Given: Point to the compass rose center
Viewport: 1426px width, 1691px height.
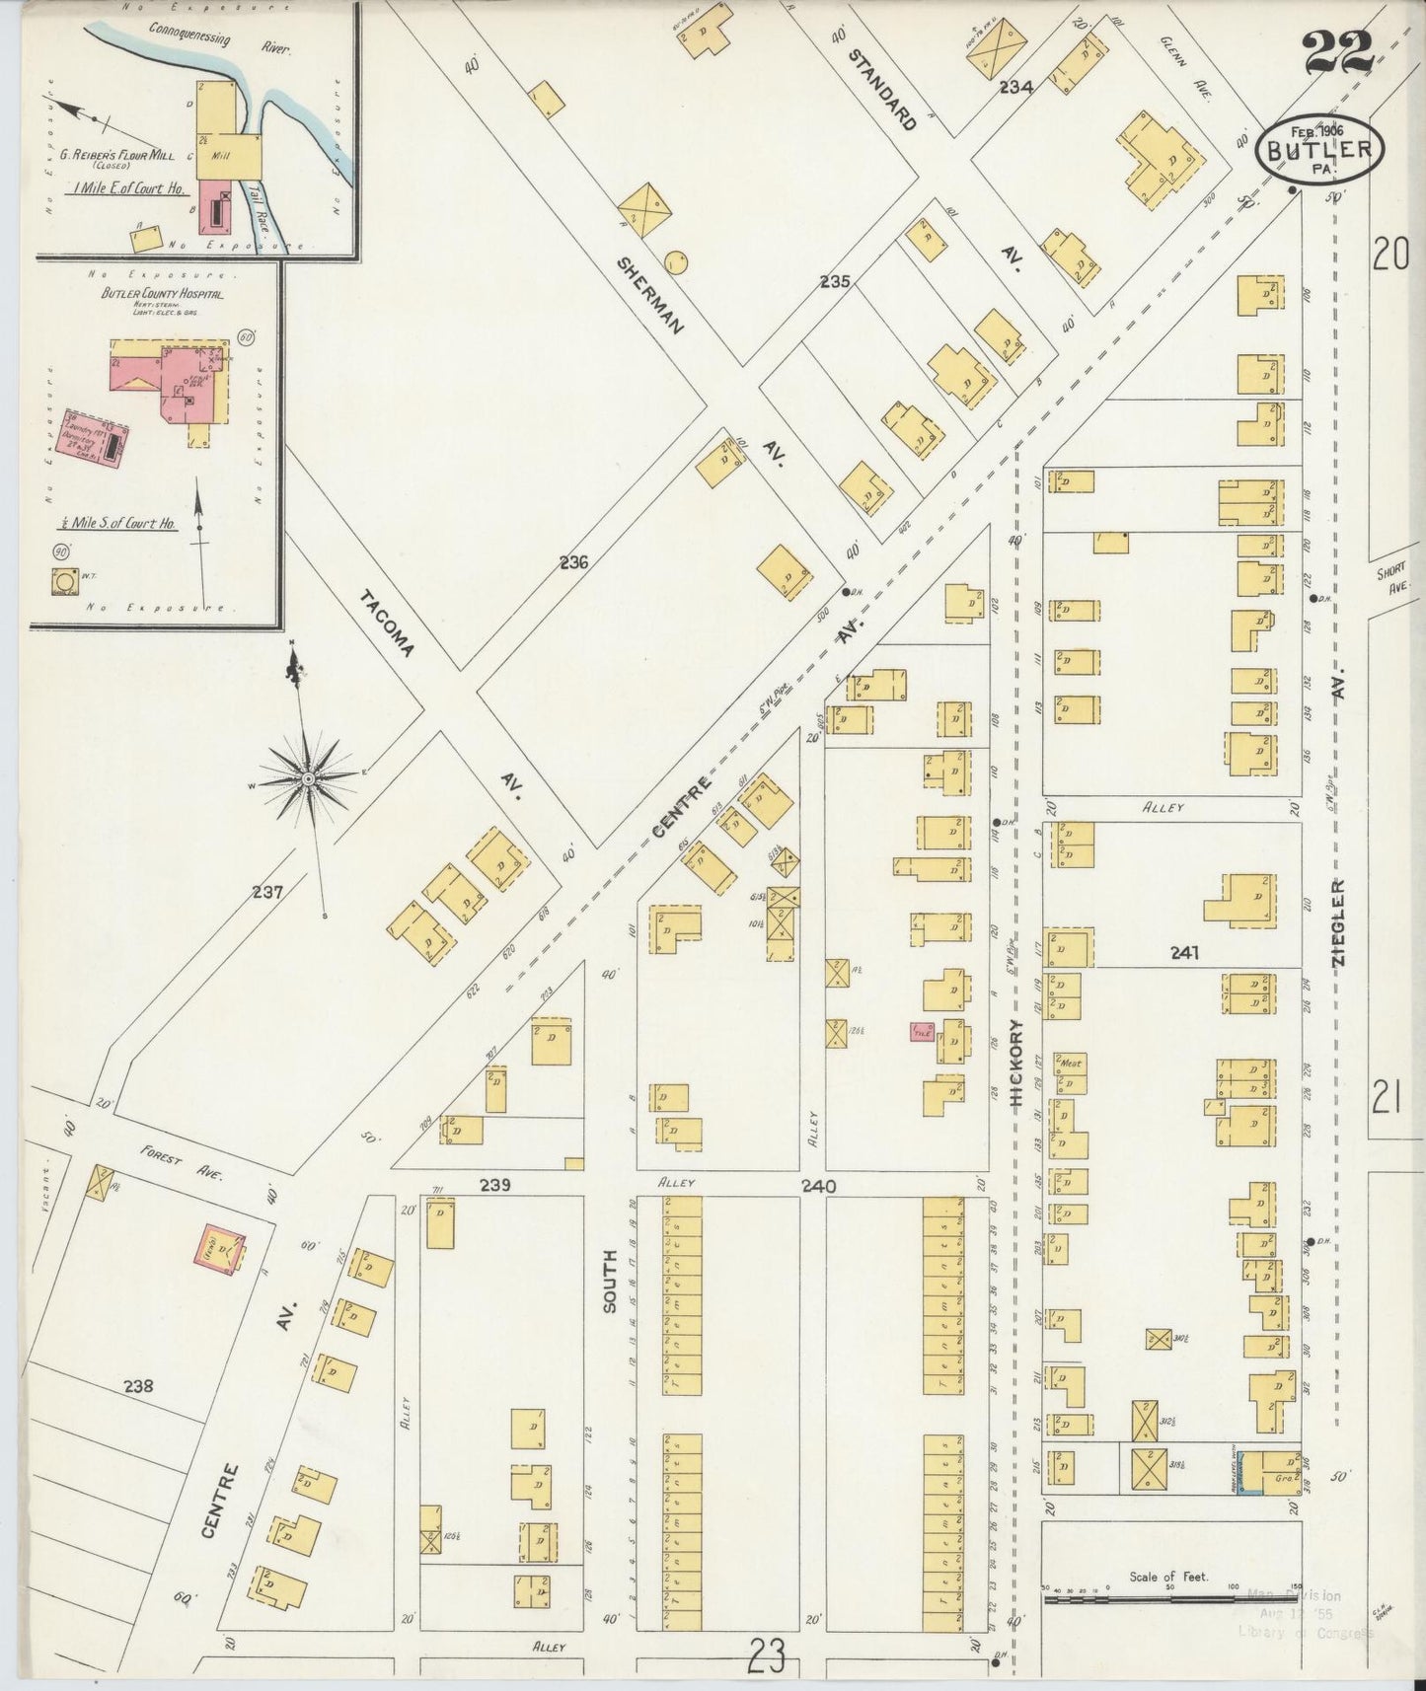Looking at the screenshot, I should click(x=309, y=778).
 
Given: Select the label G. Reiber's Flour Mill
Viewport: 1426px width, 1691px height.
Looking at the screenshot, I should click(x=117, y=156).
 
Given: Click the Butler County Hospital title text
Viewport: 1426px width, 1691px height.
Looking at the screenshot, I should click(x=162, y=294).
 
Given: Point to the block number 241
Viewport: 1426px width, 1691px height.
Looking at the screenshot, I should click(x=1184, y=953).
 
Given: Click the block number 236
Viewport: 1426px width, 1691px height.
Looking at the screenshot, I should click(x=573, y=563).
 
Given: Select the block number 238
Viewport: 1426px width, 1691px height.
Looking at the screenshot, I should click(x=139, y=1385).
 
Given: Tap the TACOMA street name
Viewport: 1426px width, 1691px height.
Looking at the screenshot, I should click(x=387, y=624).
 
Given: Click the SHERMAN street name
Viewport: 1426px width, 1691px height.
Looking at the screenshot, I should click(x=650, y=294).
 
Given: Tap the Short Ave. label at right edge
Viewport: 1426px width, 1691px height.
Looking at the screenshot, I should click(x=1395, y=579).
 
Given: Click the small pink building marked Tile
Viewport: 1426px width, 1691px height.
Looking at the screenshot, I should click(x=923, y=1032).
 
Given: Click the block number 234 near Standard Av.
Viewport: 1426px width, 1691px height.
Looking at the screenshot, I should click(x=1015, y=87).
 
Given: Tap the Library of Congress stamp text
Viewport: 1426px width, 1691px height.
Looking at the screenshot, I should click(x=1305, y=1633).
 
